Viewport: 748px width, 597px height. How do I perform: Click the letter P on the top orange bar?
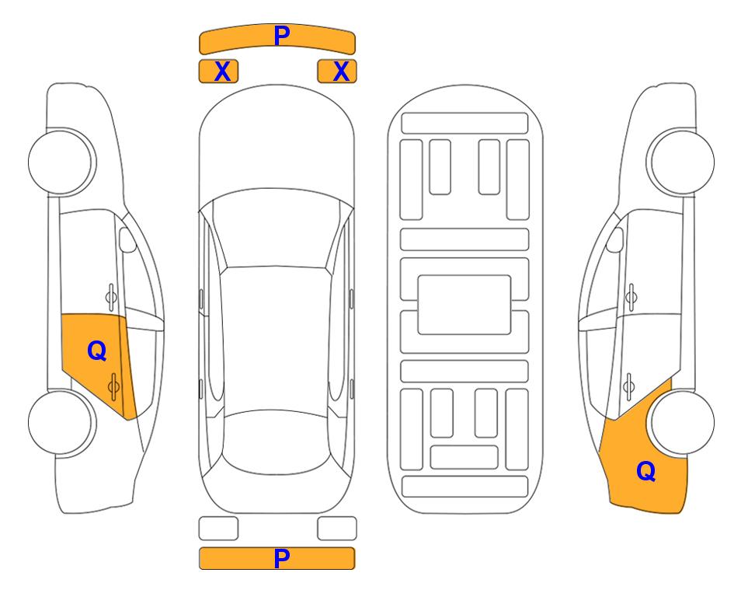tap(281, 36)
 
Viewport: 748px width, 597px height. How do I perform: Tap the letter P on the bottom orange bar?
tap(281, 558)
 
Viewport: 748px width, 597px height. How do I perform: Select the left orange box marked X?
tap(218, 72)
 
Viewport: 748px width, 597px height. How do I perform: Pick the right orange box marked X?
tap(337, 72)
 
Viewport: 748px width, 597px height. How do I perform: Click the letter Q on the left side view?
tap(97, 351)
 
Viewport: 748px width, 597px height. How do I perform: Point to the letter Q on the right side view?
tap(646, 471)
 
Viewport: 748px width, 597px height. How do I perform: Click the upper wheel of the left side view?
tap(61, 162)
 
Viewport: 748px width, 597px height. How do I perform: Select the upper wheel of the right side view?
tap(680, 162)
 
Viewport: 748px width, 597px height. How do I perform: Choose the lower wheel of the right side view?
tap(682, 422)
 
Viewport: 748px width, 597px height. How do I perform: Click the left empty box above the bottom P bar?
tap(218, 529)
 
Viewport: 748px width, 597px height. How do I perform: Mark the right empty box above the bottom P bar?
tap(337, 529)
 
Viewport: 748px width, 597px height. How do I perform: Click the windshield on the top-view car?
tap(277, 229)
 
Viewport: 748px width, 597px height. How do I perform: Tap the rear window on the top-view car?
tap(277, 442)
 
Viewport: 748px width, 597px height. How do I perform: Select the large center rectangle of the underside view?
tap(464, 305)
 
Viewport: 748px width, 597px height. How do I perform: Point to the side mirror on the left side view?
tap(127, 239)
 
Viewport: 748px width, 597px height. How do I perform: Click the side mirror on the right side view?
tap(614, 239)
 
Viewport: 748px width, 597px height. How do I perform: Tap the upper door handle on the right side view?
tap(631, 297)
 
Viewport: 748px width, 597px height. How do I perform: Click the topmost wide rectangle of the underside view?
tap(464, 124)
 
